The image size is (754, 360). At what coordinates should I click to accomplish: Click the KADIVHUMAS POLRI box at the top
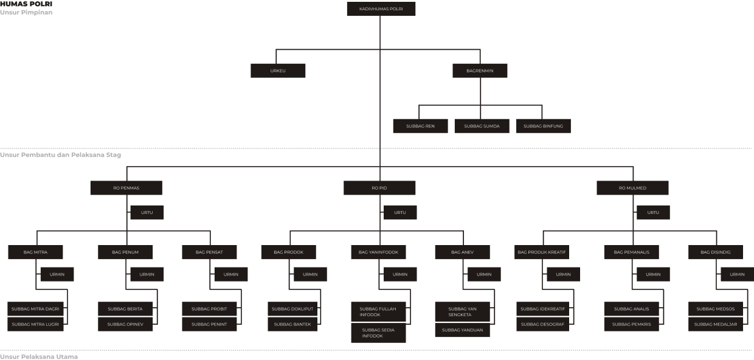pyautogui.click(x=381, y=9)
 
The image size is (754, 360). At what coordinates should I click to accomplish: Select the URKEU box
pyautogui.click(x=278, y=71)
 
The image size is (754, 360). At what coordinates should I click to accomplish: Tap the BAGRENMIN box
pyautogui.click(x=480, y=71)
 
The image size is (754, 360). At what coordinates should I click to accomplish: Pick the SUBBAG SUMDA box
pyautogui.click(x=482, y=126)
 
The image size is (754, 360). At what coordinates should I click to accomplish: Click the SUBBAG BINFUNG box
pyautogui.click(x=543, y=126)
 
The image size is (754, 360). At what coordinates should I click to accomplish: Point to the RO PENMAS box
pyautogui.click(x=126, y=188)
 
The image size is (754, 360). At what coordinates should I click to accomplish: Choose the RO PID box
pyautogui.click(x=379, y=188)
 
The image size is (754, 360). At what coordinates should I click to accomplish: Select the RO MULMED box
pyautogui.click(x=632, y=188)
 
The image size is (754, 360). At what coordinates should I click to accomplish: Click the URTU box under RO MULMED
pyautogui.click(x=653, y=212)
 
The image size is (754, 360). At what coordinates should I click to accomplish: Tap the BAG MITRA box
pyautogui.click(x=35, y=252)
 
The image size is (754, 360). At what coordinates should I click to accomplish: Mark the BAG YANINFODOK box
pyautogui.click(x=378, y=252)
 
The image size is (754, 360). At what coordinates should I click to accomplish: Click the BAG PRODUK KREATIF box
pyautogui.click(x=541, y=252)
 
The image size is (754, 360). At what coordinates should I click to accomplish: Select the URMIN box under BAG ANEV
pyautogui.click(x=484, y=274)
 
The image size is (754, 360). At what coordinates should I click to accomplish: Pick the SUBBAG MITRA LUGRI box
pyautogui.click(x=35, y=324)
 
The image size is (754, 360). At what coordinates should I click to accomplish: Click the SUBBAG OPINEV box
pyautogui.click(x=125, y=324)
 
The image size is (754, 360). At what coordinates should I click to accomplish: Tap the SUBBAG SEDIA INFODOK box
pyautogui.click(x=378, y=333)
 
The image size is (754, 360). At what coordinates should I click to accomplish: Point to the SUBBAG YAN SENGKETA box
pyautogui.click(x=462, y=312)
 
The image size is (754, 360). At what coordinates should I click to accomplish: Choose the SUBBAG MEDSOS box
pyautogui.click(x=716, y=309)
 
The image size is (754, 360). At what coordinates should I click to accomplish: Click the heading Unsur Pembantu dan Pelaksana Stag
pyautogui.click(x=61, y=155)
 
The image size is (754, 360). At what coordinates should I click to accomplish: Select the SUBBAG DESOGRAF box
pyautogui.click(x=542, y=324)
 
